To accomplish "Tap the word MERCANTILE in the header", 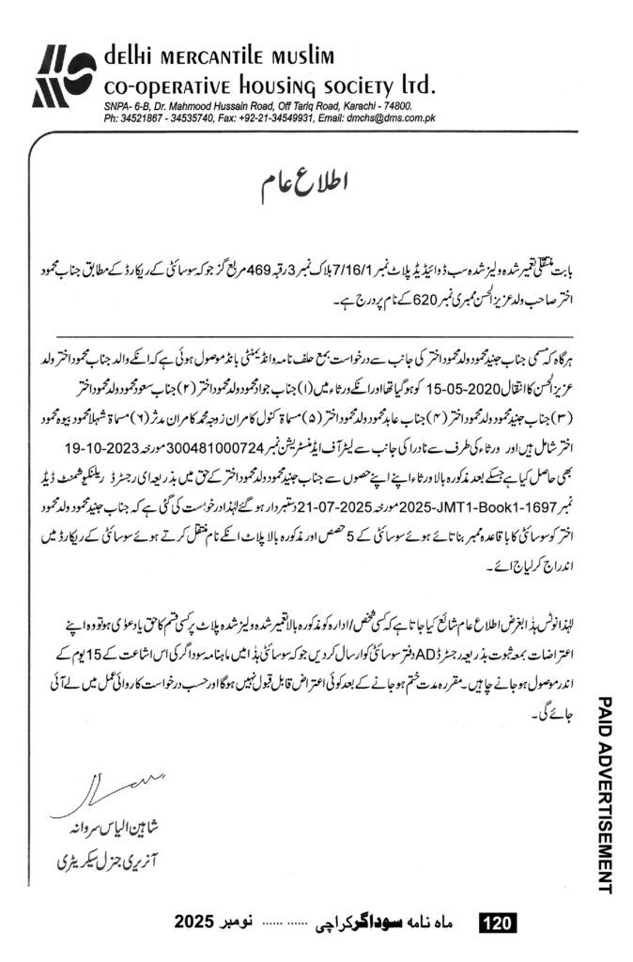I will click(224, 57).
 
